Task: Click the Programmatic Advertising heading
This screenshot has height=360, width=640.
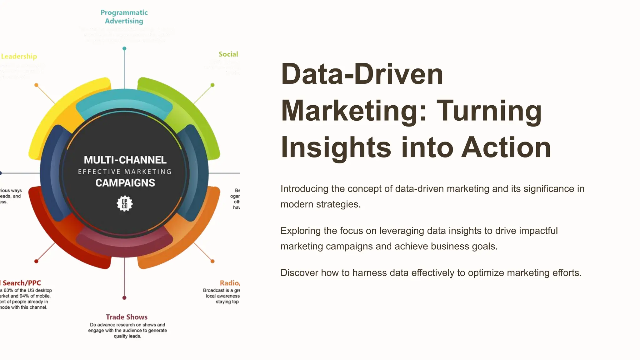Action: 124,17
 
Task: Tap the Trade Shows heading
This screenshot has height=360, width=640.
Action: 127,317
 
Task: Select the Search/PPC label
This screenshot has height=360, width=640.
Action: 22,283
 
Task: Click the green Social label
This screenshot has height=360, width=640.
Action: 228,54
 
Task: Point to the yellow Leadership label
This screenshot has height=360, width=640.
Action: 19,56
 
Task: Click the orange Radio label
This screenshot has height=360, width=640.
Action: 229,283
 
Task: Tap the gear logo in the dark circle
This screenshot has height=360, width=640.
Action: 124,204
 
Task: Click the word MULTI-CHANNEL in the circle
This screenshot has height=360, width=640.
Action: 125,160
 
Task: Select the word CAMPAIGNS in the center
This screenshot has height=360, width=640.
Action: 125,183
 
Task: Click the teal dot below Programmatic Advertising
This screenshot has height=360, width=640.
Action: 124,48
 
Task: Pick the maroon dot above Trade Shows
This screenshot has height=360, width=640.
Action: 124,297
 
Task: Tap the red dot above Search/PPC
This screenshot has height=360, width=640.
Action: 36,261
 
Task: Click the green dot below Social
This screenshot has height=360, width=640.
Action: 212,85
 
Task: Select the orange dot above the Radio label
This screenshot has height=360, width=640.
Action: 212,261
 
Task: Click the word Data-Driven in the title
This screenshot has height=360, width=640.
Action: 362,74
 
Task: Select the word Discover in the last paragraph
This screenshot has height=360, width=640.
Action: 299,273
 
